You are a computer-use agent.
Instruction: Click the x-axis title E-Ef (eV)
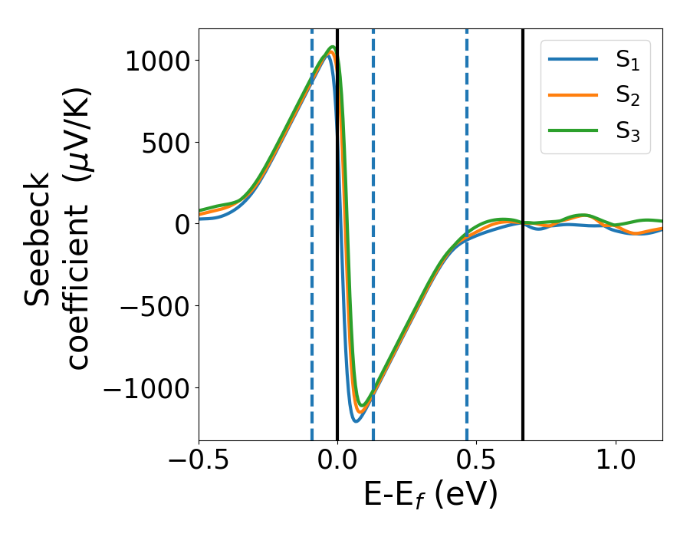pyautogui.click(x=430, y=495)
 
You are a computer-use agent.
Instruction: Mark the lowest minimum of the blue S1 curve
pyautogui.click(x=356, y=420)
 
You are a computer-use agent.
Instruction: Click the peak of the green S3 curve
pyautogui.click(x=333, y=47)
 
